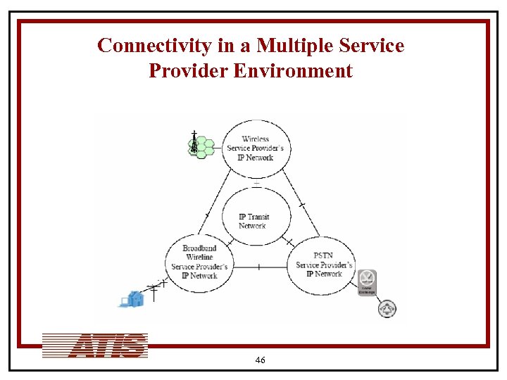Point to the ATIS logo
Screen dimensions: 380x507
click(x=95, y=346)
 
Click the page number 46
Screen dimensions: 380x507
click(x=260, y=360)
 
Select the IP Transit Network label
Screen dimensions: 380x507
click(x=254, y=221)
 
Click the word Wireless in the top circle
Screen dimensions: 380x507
click(x=256, y=139)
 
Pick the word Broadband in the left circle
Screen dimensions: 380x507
click(x=199, y=248)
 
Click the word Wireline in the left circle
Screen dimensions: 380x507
click(x=199, y=258)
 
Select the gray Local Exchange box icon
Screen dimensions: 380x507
click(x=367, y=282)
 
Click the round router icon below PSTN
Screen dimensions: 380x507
click(x=387, y=308)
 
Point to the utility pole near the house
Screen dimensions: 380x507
click(x=154, y=291)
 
